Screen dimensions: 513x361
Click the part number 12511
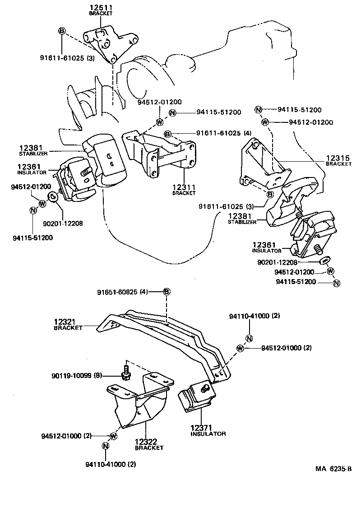[102, 8]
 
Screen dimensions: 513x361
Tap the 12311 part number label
[183, 187]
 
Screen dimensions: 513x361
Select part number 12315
[338, 158]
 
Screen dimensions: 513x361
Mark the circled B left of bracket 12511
[62, 31]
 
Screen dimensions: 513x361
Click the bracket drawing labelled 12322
[140, 400]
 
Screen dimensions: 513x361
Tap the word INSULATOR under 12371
[208, 434]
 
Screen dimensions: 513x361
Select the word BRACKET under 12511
[102, 14]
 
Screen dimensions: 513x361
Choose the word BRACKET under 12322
[149, 448]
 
